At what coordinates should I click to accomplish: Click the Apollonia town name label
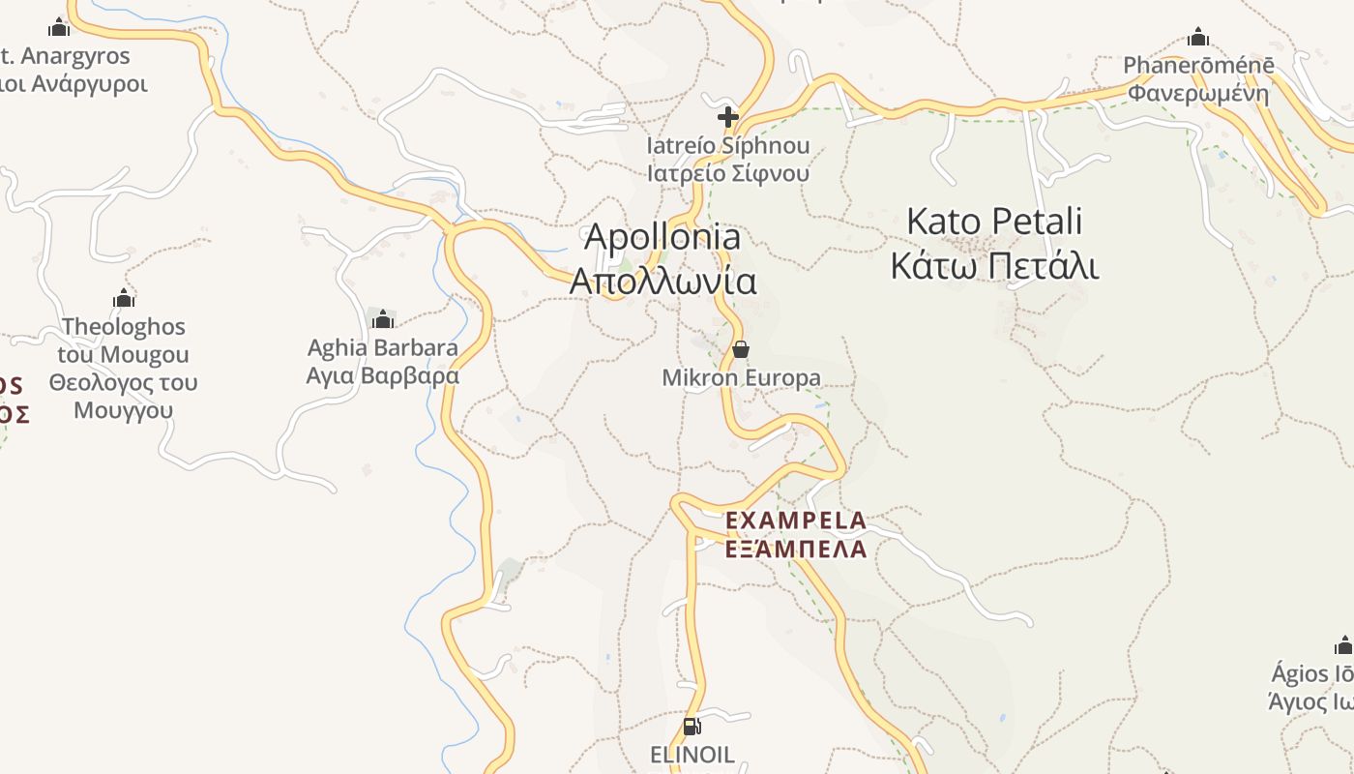click(x=662, y=237)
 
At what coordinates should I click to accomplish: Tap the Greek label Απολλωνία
click(x=662, y=282)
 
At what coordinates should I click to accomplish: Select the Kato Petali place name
click(x=994, y=222)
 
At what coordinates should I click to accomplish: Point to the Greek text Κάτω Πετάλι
click(x=994, y=264)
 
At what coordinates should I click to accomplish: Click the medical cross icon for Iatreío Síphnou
click(x=728, y=117)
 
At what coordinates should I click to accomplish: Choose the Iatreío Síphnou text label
click(x=728, y=147)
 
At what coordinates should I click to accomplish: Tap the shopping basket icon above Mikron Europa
click(x=741, y=348)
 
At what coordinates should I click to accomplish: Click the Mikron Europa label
click(x=741, y=378)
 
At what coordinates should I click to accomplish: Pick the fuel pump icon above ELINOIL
click(x=692, y=726)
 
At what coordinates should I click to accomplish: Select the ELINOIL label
click(x=692, y=755)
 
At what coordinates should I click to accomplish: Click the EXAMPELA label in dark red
click(x=796, y=521)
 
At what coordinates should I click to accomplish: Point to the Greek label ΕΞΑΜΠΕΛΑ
click(x=796, y=550)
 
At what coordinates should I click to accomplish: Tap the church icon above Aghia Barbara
click(x=383, y=318)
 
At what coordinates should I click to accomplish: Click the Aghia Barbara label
click(x=383, y=347)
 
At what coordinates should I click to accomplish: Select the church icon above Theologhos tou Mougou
click(x=124, y=297)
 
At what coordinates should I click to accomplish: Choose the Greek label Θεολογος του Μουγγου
click(x=124, y=396)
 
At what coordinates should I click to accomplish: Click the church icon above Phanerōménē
click(x=1198, y=38)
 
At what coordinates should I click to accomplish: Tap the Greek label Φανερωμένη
click(x=1198, y=94)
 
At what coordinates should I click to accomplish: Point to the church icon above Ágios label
click(x=1344, y=645)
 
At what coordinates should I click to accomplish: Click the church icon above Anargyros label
click(x=59, y=26)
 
